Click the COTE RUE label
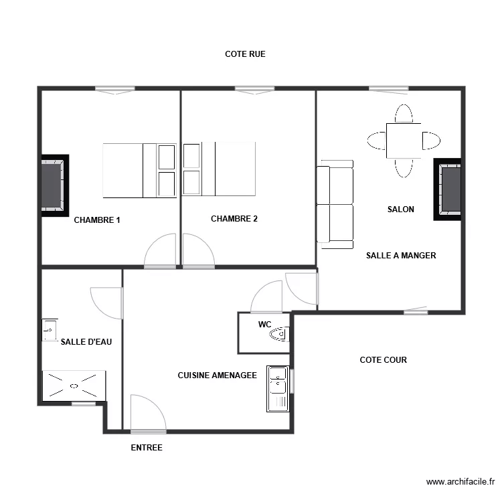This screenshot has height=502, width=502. [245, 54]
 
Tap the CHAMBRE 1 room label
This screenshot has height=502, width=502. [97, 220]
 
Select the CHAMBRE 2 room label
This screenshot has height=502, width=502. [234, 219]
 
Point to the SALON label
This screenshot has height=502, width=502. [400, 210]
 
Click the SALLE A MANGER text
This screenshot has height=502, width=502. [401, 256]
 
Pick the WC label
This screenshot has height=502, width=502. [264, 325]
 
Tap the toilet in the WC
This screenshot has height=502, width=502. [279, 334]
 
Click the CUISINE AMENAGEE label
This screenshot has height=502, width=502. [218, 375]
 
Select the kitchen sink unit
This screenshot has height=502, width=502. [278, 389]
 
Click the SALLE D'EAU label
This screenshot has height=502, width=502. [86, 342]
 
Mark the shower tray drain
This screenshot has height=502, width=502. [74, 386]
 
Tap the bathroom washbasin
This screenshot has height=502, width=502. [50, 330]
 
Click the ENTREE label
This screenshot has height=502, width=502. [147, 448]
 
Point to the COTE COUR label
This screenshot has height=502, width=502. [384, 360]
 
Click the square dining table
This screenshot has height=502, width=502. [404, 141]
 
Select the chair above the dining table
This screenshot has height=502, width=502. [404, 113]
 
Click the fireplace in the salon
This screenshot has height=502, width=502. [448, 189]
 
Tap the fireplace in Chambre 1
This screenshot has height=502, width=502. [55, 185]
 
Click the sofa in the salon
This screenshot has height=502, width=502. [335, 204]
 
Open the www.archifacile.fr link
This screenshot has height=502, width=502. [461, 481]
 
